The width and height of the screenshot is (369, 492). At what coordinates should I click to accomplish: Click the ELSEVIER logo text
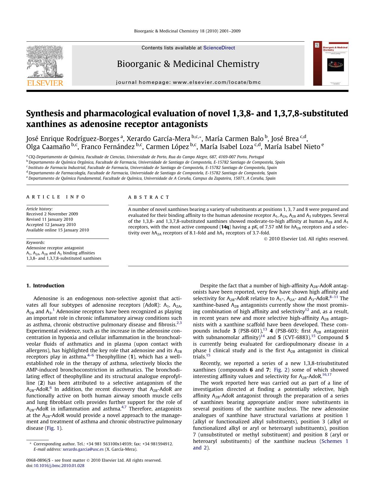tap(45, 83)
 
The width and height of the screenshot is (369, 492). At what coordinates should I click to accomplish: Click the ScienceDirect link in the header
tap(219, 48)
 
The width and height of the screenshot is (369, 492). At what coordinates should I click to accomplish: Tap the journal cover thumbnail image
tap(331, 63)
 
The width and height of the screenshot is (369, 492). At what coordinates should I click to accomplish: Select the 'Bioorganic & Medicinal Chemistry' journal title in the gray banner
tap(188, 64)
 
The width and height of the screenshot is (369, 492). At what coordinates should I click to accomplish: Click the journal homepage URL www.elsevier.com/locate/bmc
tap(216, 82)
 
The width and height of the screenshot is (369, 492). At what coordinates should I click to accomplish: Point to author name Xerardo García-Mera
tap(158, 139)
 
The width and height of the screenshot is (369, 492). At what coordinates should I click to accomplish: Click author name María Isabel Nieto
tap(292, 147)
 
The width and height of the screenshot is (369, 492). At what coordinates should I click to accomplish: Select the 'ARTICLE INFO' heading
tap(56, 197)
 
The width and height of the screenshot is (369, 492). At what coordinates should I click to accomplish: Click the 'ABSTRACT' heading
tap(149, 197)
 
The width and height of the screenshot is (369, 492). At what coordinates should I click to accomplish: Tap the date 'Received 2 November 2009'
tap(52, 214)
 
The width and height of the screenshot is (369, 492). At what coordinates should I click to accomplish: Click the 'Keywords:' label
tap(35, 242)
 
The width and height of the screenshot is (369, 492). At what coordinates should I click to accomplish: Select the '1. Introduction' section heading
tap(45, 286)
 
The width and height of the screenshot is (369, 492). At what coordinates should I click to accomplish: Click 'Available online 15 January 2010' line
tap(57, 230)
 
